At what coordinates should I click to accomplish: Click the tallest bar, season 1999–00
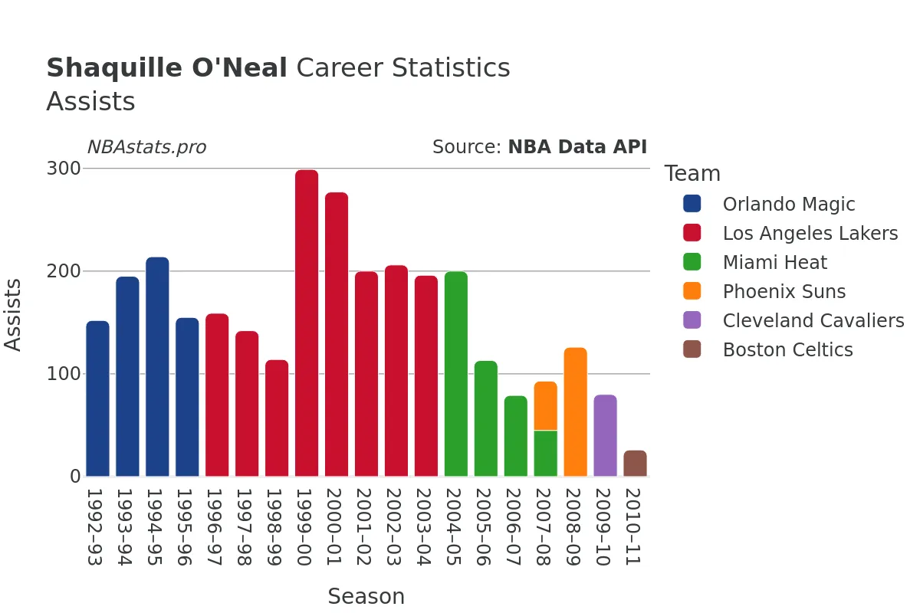pyautogui.click(x=307, y=323)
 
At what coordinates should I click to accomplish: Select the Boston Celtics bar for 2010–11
pyautogui.click(x=635, y=464)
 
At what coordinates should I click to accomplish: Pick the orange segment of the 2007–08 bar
pyautogui.click(x=545, y=405)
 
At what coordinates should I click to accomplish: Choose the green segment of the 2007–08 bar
pyautogui.click(x=545, y=454)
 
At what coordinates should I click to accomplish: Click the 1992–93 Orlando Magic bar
pyautogui.click(x=97, y=398)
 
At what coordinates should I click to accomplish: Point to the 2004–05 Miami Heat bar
pyautogui.click(x=455, y=374)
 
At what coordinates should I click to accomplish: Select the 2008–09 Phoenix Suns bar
pyautogui.click(x=575, y=412)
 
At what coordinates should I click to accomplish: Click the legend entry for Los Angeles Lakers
pyautogui.click(x=810, y=234)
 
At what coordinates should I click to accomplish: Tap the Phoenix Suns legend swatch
pyautogui.click(x=692, y=291)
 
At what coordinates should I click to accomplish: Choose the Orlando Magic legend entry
pyautogui.click(x=788, y=205)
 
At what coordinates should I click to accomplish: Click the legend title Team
pyautogui.click(x=692, y=174)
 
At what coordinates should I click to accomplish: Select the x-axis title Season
pyautogui.click(x=366, y=596)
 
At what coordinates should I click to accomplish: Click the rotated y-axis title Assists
pyautogui.click(x=14, y=314)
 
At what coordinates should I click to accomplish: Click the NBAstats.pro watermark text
pyautogui.click(x=146, y=147)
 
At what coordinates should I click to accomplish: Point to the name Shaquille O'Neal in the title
pyautogui.click(x=166, y=68)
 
